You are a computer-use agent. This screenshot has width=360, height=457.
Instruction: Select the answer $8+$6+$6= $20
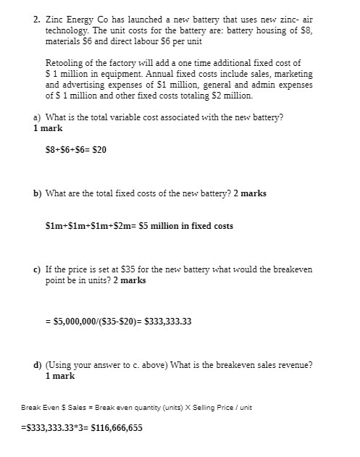tap(76, 150)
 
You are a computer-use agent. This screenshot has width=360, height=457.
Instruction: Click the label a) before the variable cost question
tap(37, 117)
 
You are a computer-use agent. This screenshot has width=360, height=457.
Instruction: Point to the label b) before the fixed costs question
tap(37, 193)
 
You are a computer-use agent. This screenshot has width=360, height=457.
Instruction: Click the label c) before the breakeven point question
tap(37, 269)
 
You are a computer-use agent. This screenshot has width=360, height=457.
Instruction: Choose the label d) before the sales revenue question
tap(37, 365)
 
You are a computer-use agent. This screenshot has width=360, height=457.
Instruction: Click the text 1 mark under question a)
tap(48, 128)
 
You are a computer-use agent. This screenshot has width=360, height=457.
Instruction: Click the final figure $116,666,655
tap(117, 427)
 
